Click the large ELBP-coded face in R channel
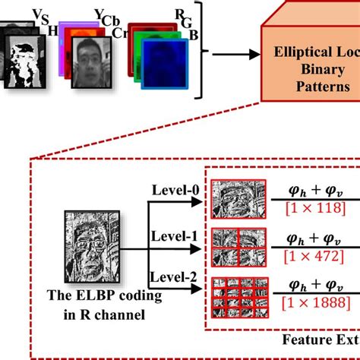click(x=85, y=248)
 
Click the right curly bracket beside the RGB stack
click(x=201, y=54)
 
